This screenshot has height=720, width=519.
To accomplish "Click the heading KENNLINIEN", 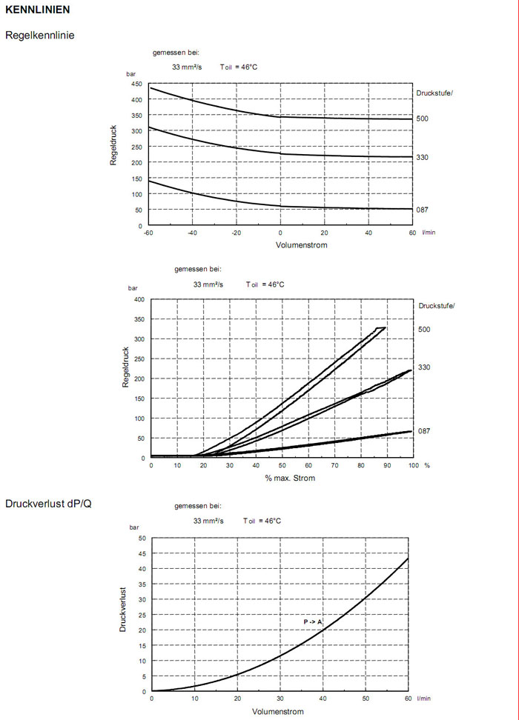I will click(x=37, y=10).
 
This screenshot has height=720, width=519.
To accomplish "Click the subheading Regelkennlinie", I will click(x=39, y=35).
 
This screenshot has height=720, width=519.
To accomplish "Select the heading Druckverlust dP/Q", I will click(x=47, y=504).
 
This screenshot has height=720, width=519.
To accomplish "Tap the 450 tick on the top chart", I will click(x=136, y=84).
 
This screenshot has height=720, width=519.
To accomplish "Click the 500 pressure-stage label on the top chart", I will click(x=423, y=119).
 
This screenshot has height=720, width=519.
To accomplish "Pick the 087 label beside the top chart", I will click(x=423, y=210).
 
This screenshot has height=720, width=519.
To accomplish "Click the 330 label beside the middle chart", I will click(x=424, y=367).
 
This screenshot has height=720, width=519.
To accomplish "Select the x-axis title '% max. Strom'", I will click(x=290, y=478).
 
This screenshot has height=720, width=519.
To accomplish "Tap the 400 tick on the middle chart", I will click(x=138, y=299).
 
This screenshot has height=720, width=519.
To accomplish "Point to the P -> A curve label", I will click(x=313, y=621).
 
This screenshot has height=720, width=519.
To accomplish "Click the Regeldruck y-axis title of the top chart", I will click(x=114, y=145).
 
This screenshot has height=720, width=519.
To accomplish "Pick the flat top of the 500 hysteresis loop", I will click(x=380, y=327).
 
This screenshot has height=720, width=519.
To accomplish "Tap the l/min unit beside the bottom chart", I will click(x=423, y=699).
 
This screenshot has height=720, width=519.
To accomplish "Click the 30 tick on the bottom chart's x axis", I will click(x=280, y=699).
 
